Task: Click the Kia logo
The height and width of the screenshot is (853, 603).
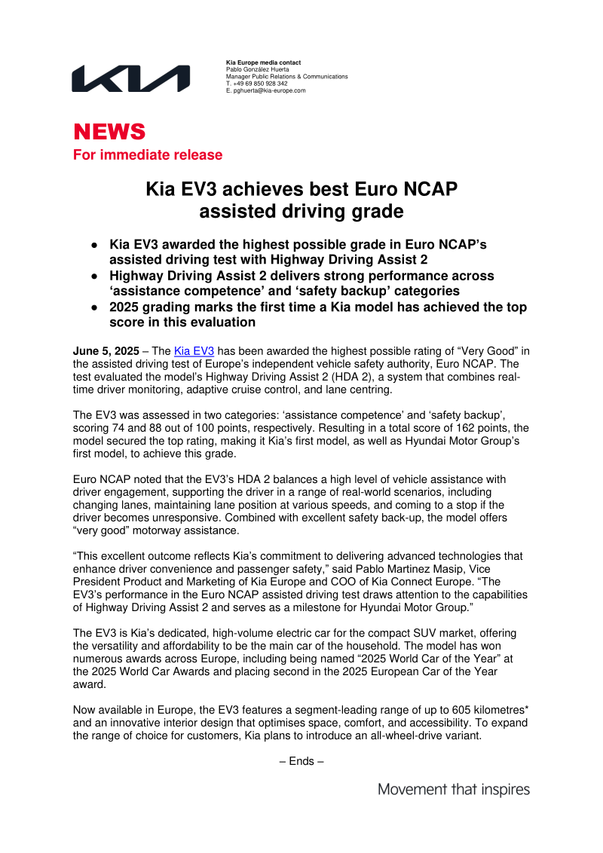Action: click(x=130, y=78)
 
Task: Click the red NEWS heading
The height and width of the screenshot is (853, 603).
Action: click(x=109, y=132)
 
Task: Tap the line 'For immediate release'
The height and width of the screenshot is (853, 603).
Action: click(x=147, y=155)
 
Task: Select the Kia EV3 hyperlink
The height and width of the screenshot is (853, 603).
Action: click(x=194, y=351)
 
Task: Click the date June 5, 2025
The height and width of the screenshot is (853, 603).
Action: click(x=106, y=351)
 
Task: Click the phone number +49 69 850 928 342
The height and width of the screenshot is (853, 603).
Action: click(x=260, y=84)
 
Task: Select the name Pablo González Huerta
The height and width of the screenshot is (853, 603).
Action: click(x=258, y=69)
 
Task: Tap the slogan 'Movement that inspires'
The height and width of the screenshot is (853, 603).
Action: click(x=454, y=790)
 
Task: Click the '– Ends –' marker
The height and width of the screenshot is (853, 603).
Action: click(x=301, y=761)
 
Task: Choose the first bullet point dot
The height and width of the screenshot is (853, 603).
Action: click(x=94, y=246)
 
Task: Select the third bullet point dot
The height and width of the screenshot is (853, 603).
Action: click(x=94, y=307)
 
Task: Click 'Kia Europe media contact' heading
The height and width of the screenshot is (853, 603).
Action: click(x=263, y=62)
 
